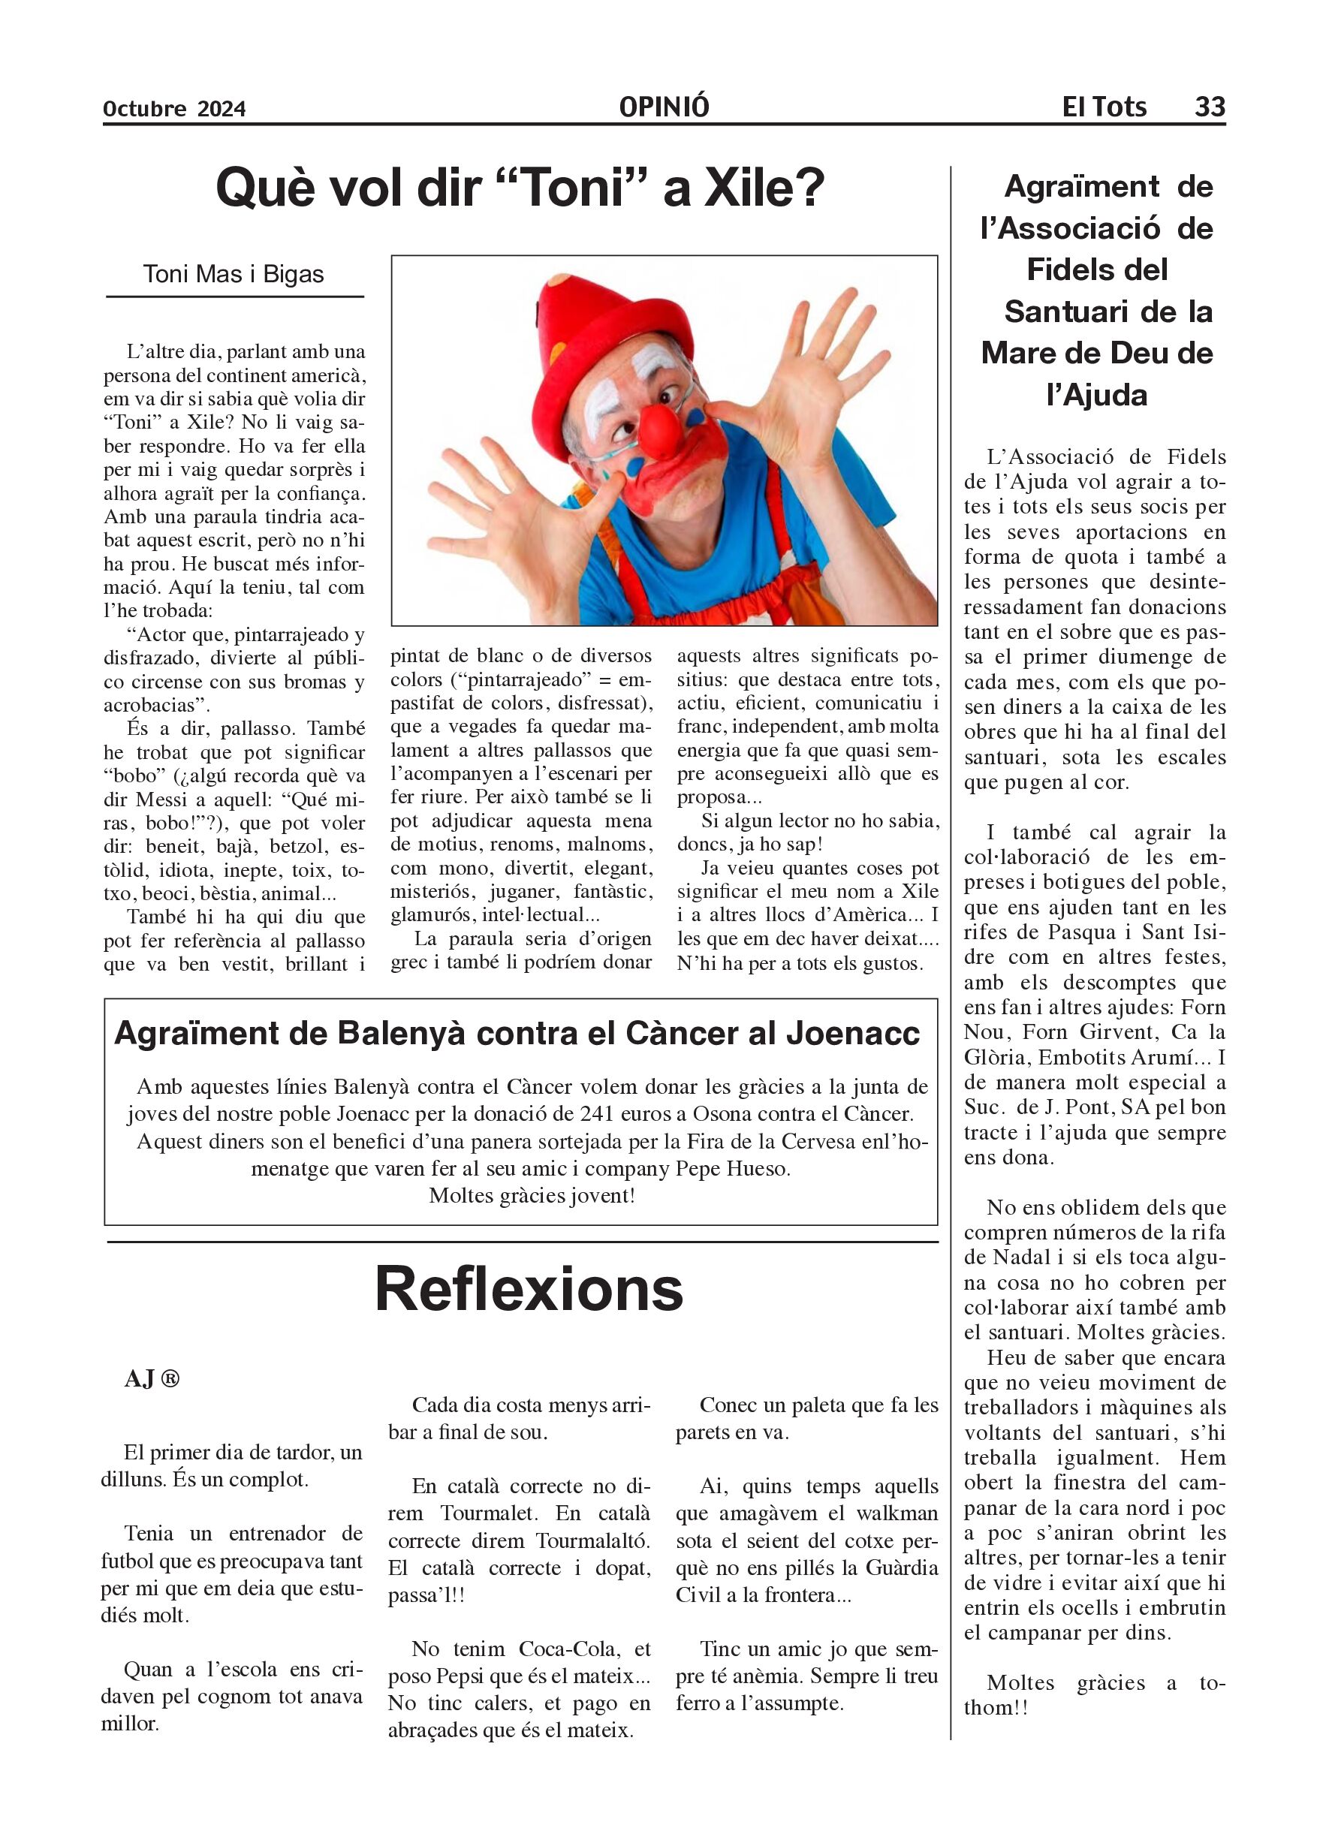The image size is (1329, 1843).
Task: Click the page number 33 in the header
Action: click(x=1210, y=107)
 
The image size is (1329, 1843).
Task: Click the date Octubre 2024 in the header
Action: click(x=174, y=109)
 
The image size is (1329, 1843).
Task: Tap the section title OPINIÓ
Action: click(x=663, y=107)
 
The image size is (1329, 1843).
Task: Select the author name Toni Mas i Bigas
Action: click(x=234, y=275)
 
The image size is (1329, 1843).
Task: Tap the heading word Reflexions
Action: click(x=529, y=1290)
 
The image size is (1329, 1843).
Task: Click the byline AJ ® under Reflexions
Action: click(x=152, y=1379)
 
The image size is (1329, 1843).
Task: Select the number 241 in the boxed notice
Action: click(x=598, y=1113)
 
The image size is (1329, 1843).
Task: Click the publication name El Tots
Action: click(x=1104, y=107)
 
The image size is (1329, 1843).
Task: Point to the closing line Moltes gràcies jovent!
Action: click(x=532, y=1195)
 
